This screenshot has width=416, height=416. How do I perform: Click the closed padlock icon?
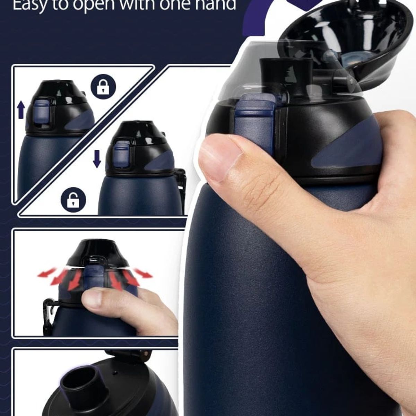click(x=103, y=87)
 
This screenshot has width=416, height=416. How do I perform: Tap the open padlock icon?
click(x=73, y=200)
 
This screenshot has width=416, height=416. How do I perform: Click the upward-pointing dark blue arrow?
click(x=21, y=110)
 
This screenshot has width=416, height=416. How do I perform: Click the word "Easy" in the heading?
click(x=29, y=5)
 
